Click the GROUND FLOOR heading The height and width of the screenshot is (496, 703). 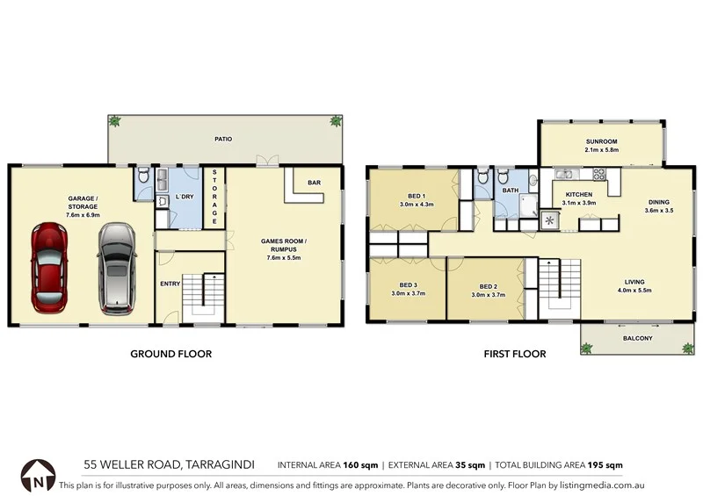point(171,355)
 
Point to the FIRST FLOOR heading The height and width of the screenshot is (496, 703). point(514,355)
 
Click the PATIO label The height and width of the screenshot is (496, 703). point(223,139)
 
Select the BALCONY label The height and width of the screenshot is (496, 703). point(637,337)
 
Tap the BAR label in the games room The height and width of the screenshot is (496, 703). point(313,183)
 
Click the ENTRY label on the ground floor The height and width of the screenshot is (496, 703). point(170,284)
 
